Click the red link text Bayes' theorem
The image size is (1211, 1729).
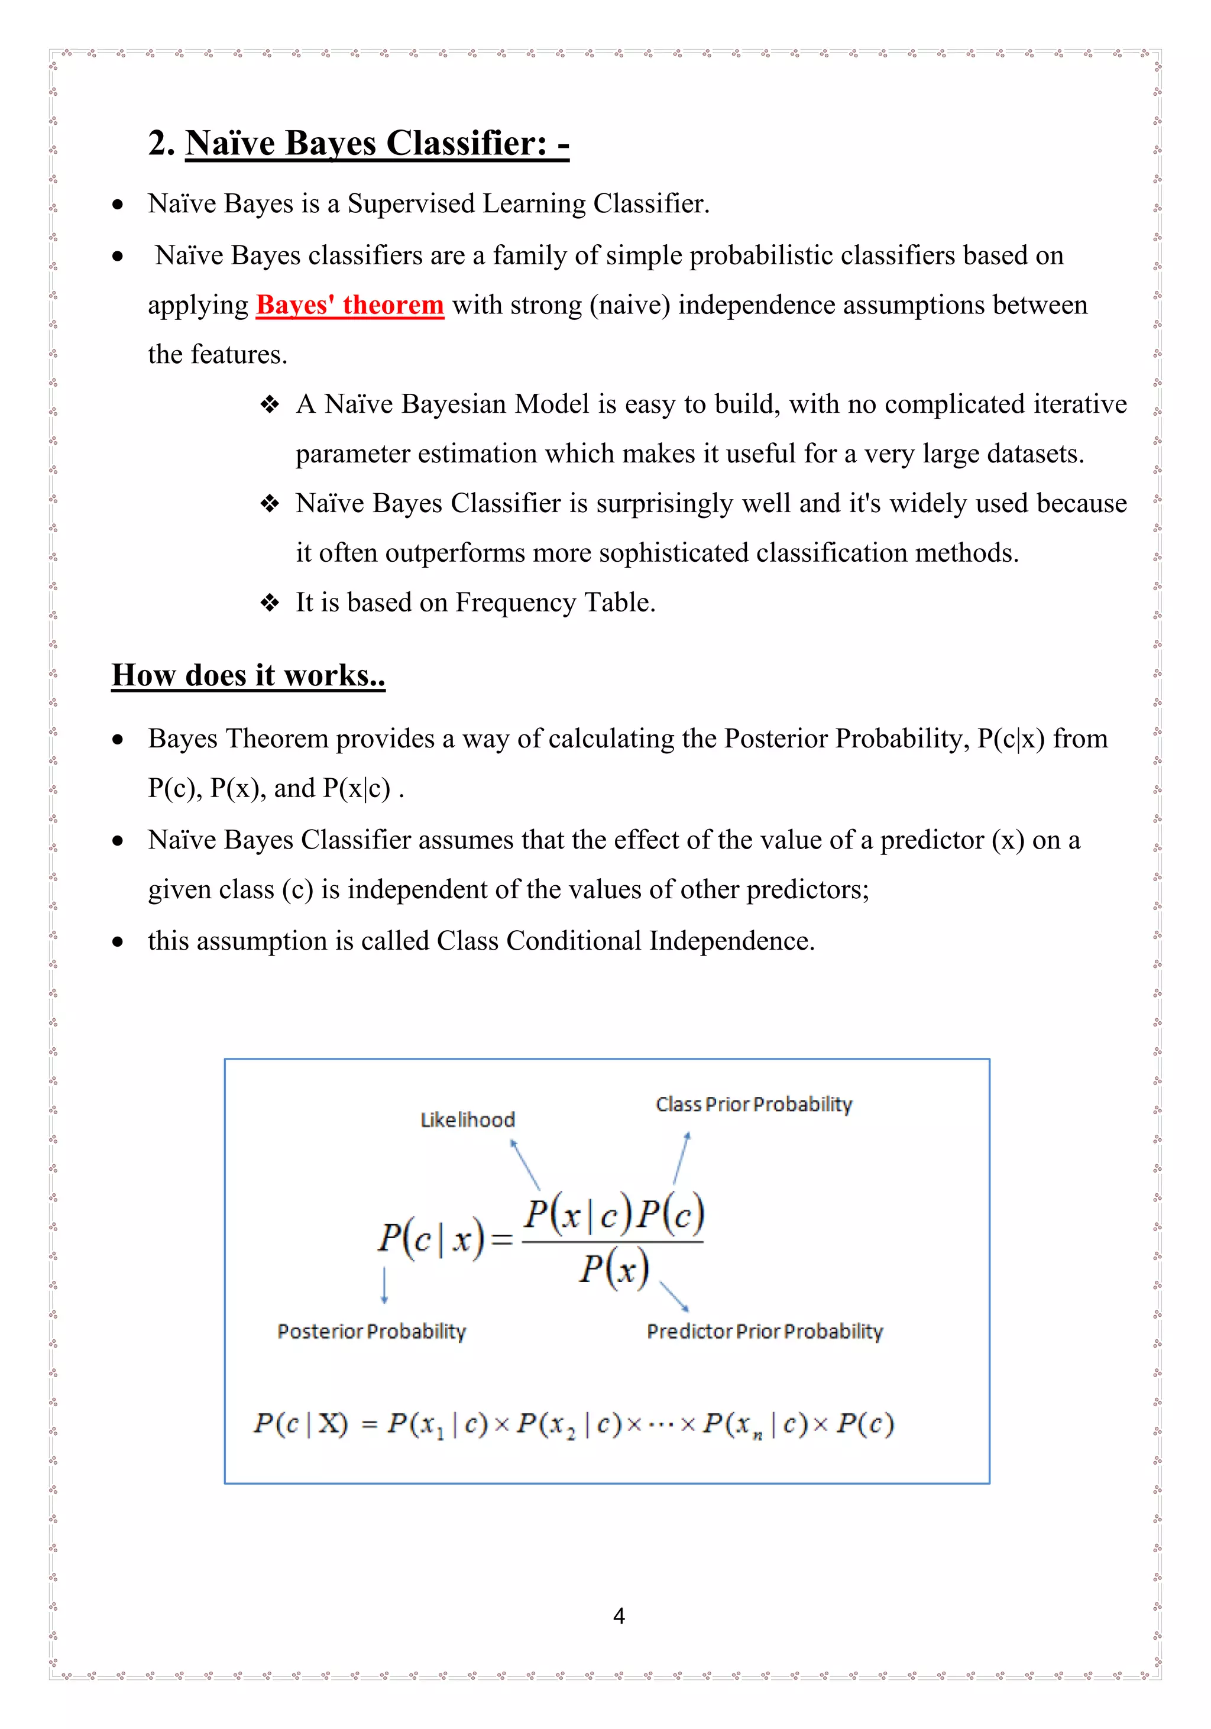coord(349,305)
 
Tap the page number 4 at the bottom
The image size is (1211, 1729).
coord(619,1615)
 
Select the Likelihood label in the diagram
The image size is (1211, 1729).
coord(467,1120)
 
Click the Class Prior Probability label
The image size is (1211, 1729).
coord(753,1104)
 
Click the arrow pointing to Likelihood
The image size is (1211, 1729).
coord(525,1164)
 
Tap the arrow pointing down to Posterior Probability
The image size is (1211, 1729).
coord(384,1285)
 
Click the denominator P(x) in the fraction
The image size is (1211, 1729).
coord(614,1269)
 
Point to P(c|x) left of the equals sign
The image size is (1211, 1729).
coord(431,1239)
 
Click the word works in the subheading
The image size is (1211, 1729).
coord(326,675)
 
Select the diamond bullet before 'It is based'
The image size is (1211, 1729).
coord(270,603)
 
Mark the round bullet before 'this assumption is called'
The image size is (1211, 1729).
coord(118,941)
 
